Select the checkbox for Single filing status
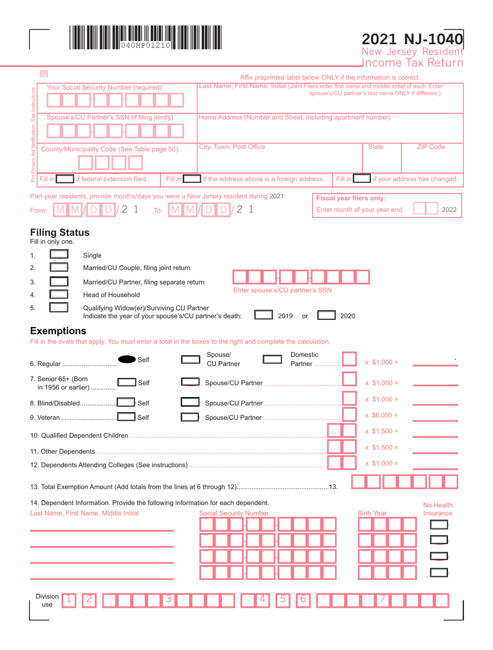click(59, 255)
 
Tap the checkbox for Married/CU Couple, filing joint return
click(59, 268)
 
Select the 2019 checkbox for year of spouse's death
click(264, 315)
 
